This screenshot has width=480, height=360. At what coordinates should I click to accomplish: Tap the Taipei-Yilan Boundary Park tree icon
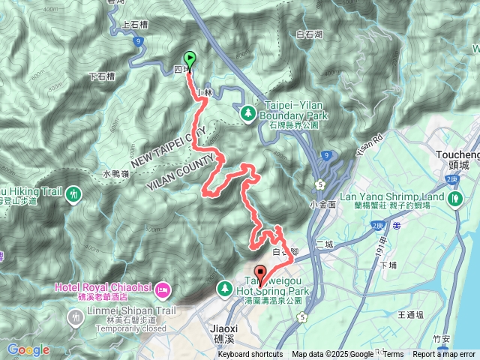(x=247, y=112)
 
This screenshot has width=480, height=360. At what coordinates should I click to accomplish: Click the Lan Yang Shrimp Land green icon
(x=457, y=199)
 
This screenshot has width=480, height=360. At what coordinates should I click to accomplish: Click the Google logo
(x=28, y=349)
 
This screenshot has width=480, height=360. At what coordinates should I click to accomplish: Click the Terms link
(x=393, y=355)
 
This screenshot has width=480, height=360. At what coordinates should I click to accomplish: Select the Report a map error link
(x=444, y=355)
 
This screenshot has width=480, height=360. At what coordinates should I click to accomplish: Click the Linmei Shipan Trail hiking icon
(x=74, y=317)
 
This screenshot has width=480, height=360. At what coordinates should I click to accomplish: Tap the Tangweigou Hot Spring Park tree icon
(x=225, y=288)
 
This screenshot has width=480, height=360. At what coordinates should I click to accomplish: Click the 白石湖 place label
(x=309, y=34)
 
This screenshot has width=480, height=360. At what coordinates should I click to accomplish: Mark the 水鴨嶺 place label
(x=115, y=173)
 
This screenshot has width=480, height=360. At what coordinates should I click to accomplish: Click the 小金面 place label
(x=321, y=204)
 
